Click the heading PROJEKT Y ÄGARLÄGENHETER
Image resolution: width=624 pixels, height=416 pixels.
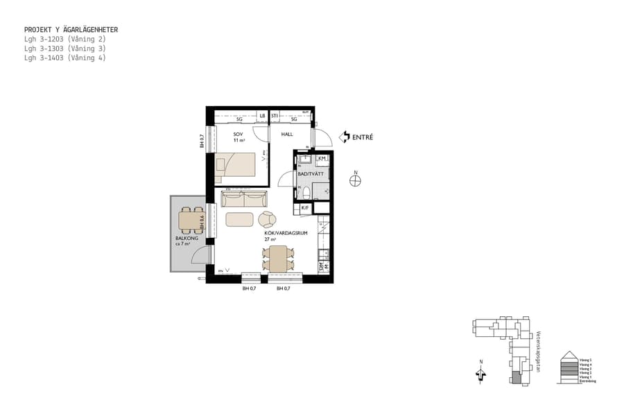(x=71, y=30)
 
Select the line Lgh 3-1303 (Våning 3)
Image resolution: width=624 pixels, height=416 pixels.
(x=64, y=49)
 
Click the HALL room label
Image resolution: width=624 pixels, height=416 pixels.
(x=287, y=134)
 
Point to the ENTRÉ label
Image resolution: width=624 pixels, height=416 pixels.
(x=363, y=137)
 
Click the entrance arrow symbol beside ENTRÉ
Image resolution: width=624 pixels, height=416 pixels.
(x=344, y=137)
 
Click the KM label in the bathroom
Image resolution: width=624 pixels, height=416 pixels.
(x=322, y=159)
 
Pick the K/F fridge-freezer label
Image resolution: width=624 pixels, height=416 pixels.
(x=304, y=207)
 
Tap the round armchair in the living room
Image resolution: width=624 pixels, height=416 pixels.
(x=268, y=220)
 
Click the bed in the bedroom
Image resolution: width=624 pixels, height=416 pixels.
(x=241, y=165)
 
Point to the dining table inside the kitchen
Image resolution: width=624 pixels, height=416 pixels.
(x=279, y=259)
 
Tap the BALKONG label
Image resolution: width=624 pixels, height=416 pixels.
(x=187, y=239)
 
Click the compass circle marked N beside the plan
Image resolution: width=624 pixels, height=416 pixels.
(x=355, y=182)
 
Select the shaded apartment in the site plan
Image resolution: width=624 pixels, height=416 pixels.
(x=515, y=378)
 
